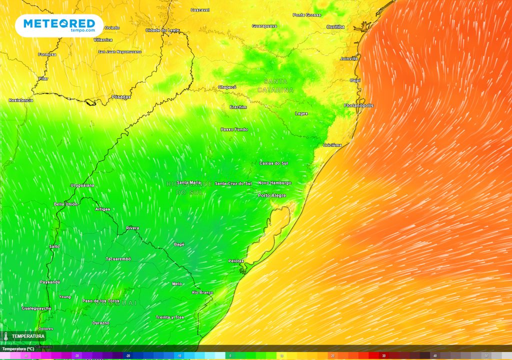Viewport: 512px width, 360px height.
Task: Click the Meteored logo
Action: [x=59, y=25]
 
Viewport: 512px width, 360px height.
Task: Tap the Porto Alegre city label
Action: [x=272, y=195]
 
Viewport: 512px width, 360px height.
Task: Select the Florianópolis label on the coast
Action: [x=358, y=105]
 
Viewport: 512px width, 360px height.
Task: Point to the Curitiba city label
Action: [x=335, y=26]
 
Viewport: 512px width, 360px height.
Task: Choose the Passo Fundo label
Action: [x=234, y=129]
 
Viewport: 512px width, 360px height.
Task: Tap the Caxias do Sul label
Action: [x=273, y=163]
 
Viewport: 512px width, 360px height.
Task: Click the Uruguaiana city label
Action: [x=82, y=185]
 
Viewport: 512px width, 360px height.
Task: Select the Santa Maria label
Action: [x=188, y=182]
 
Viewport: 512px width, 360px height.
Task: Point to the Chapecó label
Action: [x=227, y=87]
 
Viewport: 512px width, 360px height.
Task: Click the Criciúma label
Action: [x=332, y=145]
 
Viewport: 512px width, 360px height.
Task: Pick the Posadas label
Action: [x=120, y=96]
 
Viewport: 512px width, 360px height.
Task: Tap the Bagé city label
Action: [x=179, y=244]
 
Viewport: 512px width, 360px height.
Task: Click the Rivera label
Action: [x=132, y=228]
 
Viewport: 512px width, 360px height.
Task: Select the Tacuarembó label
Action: [x=118, y=258]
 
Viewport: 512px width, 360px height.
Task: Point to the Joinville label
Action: [x=349, y=58]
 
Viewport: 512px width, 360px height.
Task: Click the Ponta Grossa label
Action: [x=306, y=15]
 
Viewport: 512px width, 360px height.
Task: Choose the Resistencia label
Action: [x=21, y=100]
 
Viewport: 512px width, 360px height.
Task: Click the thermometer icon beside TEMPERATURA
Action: [x=6, y=336]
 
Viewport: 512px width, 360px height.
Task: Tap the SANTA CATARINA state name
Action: [x=275, y=85]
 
